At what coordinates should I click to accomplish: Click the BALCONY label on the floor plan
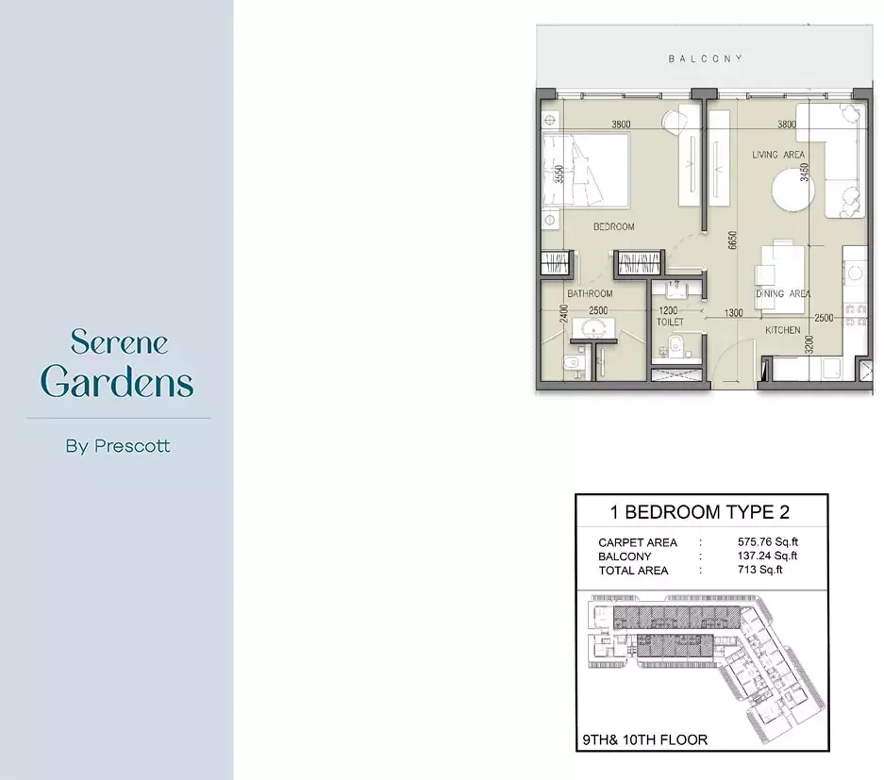(x=706, y=58)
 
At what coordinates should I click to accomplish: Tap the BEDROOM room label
(x=613, y=226)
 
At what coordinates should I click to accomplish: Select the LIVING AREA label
(x=778, y=155)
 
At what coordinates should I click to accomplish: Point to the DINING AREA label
(x=783, y=293)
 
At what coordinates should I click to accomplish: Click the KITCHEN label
(x=782, y=330)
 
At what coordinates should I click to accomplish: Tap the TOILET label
(x=670, y=322)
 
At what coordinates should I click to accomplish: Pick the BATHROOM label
(x=590, y=293)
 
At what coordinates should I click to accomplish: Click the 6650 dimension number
(x=732, y=241)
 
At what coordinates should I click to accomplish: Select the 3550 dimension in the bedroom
(x=559, y=174)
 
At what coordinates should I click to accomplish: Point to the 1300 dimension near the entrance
(x=733, y=313)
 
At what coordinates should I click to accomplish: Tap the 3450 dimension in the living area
(x=805, y=172)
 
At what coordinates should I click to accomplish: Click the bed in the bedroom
(x=586, y=170)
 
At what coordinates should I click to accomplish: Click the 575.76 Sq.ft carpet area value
(x=767, y=542)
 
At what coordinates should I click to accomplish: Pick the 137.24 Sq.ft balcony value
(x=767, y=556)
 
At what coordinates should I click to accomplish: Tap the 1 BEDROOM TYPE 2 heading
(x=700, y=512)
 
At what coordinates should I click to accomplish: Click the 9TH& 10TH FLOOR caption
(x=645, y=739)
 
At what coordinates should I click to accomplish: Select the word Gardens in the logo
(x=117, y=381)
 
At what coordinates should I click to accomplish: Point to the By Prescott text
(x=118, y=446)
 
